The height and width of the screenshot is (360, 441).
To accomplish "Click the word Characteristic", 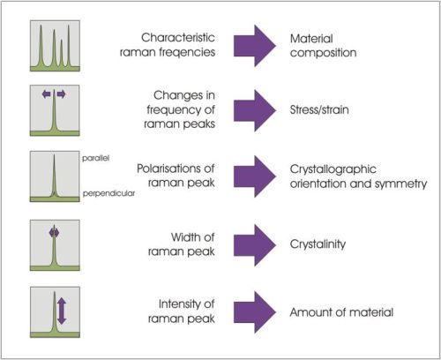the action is (178, 37).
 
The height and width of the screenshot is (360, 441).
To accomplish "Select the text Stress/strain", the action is (319, 109).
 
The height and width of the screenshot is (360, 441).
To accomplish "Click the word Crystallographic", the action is (333, 169).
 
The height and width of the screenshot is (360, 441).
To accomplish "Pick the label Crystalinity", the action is (318, 244).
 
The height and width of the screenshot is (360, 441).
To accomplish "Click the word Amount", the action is (311, 312).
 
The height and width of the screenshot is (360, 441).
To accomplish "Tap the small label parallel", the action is (95, 158).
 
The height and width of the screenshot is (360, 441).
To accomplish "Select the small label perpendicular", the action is (108, 193).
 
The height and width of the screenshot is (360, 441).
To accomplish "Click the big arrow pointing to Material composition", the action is (255, 46).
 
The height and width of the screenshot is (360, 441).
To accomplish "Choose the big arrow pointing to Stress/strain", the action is (255, 110).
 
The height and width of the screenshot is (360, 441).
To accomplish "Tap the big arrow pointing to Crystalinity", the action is (255, 245).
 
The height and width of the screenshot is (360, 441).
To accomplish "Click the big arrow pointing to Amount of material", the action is (255, 312).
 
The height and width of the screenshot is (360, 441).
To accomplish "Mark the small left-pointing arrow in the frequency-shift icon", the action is (47, 94).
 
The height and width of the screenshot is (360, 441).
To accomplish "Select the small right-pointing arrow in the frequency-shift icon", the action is (61, 94).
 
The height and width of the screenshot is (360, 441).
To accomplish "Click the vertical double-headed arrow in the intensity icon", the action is (62, 311).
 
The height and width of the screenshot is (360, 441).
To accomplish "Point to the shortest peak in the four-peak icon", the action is (62, 52).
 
